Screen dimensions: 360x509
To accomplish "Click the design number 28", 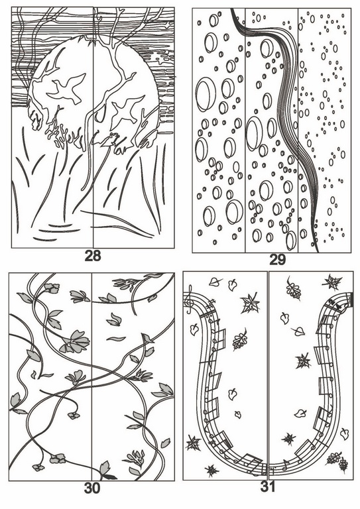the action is pos(93,256).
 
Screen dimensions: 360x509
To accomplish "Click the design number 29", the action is pos(278,260).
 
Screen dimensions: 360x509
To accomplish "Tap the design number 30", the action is pos(92,488).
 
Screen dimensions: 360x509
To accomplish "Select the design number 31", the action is pos(268,486).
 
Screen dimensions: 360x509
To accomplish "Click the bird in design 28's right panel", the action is pos(126,111).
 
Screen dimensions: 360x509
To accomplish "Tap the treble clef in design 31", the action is pos(189,300).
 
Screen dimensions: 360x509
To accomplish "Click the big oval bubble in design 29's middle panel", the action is pos(254,133).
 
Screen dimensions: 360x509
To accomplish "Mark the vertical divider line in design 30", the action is pos(91,376).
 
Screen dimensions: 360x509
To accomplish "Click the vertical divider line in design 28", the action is pos(93,127).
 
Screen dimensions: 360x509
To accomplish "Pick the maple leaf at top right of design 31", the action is pos(332,282).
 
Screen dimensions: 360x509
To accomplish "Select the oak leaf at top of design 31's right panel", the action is pos(294,288).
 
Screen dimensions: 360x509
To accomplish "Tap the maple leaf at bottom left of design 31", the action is pos(193,443).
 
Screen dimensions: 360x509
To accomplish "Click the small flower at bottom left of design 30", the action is pos(38,467).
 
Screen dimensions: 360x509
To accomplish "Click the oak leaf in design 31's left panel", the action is pos(240,339).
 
